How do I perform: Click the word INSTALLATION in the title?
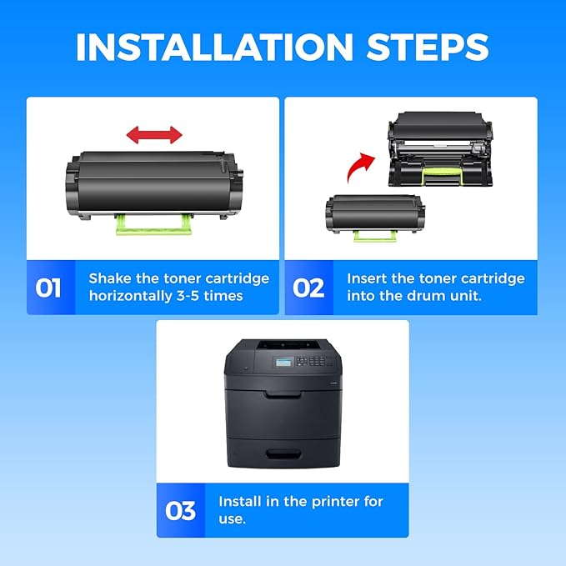214,48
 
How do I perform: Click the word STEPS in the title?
428,48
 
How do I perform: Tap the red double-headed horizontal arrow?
154,135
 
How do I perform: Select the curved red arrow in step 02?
359,167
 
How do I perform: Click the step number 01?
48,288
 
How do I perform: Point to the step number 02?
308,288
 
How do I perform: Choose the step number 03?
181,511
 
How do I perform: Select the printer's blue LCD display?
283,362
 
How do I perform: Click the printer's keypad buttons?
314,361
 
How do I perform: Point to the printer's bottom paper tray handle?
283,453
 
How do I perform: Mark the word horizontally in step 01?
131,297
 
